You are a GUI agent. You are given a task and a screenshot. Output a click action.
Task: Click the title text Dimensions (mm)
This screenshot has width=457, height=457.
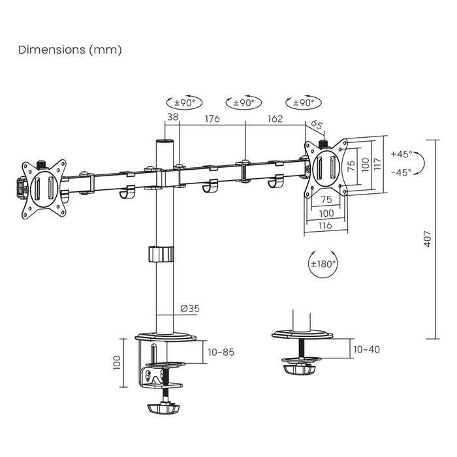click(x=70, y=49)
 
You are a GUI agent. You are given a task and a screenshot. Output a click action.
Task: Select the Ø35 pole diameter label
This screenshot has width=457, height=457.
click(x=189, y=309)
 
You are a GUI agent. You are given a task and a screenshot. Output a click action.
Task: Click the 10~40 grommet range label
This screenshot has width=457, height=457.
click(x=366, y=349)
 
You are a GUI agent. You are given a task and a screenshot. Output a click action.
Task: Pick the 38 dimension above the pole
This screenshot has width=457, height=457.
click(x=172, y=118)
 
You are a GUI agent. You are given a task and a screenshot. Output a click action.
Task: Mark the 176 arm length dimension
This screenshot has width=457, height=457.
click(x=212, y=119)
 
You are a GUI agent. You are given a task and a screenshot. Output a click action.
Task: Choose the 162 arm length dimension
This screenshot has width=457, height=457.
click(x=275, y=119)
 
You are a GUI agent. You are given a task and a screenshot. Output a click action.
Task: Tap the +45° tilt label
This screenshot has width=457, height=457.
click(x=402, y=155)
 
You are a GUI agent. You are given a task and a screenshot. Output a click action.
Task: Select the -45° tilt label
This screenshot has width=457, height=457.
click(x=402, y=172)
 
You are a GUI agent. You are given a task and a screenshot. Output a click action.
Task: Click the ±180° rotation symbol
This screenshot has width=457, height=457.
click(x=323, y=264)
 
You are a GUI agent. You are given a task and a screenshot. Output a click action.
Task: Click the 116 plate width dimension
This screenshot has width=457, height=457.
click(x=324, y=225)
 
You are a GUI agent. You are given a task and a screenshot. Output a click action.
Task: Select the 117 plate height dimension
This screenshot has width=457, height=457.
click(x=377, y=163)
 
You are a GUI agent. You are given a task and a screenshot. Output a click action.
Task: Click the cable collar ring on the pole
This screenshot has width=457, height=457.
click(x=161, y=253)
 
